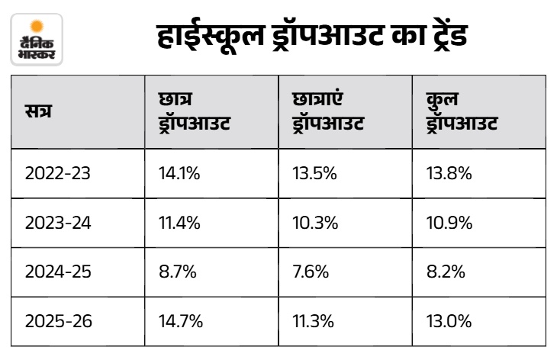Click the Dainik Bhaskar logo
pos(37,40)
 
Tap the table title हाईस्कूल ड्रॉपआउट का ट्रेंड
pos(312,37)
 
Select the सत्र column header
pos(38,111)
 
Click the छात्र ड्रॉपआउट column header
pos(195,111)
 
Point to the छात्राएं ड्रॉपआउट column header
pos(328,111)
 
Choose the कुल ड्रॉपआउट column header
pos(462,111)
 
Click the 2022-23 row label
pos(58,174)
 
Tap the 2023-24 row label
pos(58,223)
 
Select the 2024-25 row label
pos(58,272)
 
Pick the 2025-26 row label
pos(59,321)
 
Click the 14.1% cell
pos(179,174)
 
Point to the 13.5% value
pos(314,174)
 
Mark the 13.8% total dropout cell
pos(449,174)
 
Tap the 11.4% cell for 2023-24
pos(179,223)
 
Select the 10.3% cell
pos(315,223)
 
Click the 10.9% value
pos(449,223)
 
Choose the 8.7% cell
pos(178,272)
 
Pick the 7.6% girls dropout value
pos(311,272)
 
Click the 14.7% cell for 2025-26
pos(181,321)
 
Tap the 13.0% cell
pos(449,321)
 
